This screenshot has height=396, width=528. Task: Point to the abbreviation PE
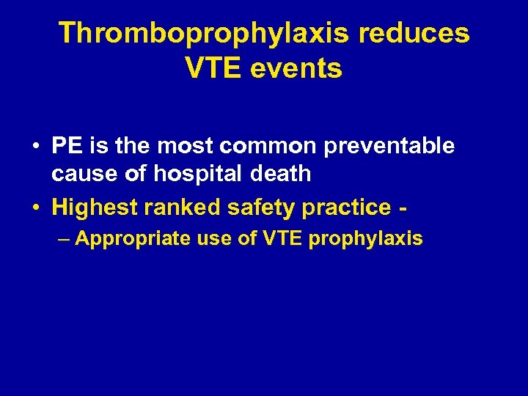(67, 146)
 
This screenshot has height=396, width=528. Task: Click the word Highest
(95, 208)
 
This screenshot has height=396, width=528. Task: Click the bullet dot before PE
(35, 147)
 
